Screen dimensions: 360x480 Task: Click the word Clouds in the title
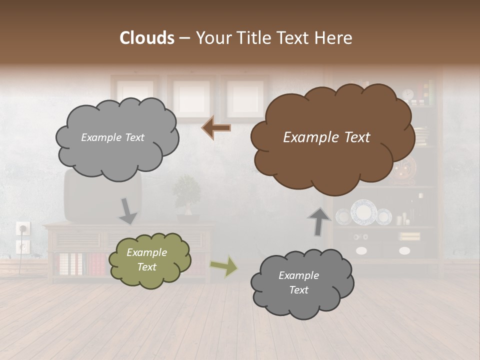(x=147, y=38)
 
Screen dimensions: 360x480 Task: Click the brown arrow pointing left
(x=216, y=128)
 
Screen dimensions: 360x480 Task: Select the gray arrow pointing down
(x=127, y=210)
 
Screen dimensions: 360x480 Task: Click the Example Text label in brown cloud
(x=326, y=137)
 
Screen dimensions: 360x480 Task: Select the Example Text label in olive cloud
(x=146, y=260)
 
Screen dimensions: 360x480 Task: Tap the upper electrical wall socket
(x=23, y=229)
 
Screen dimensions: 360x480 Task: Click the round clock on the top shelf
(x=408, y=94)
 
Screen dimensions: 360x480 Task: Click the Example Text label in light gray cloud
(x=112, y=137)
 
